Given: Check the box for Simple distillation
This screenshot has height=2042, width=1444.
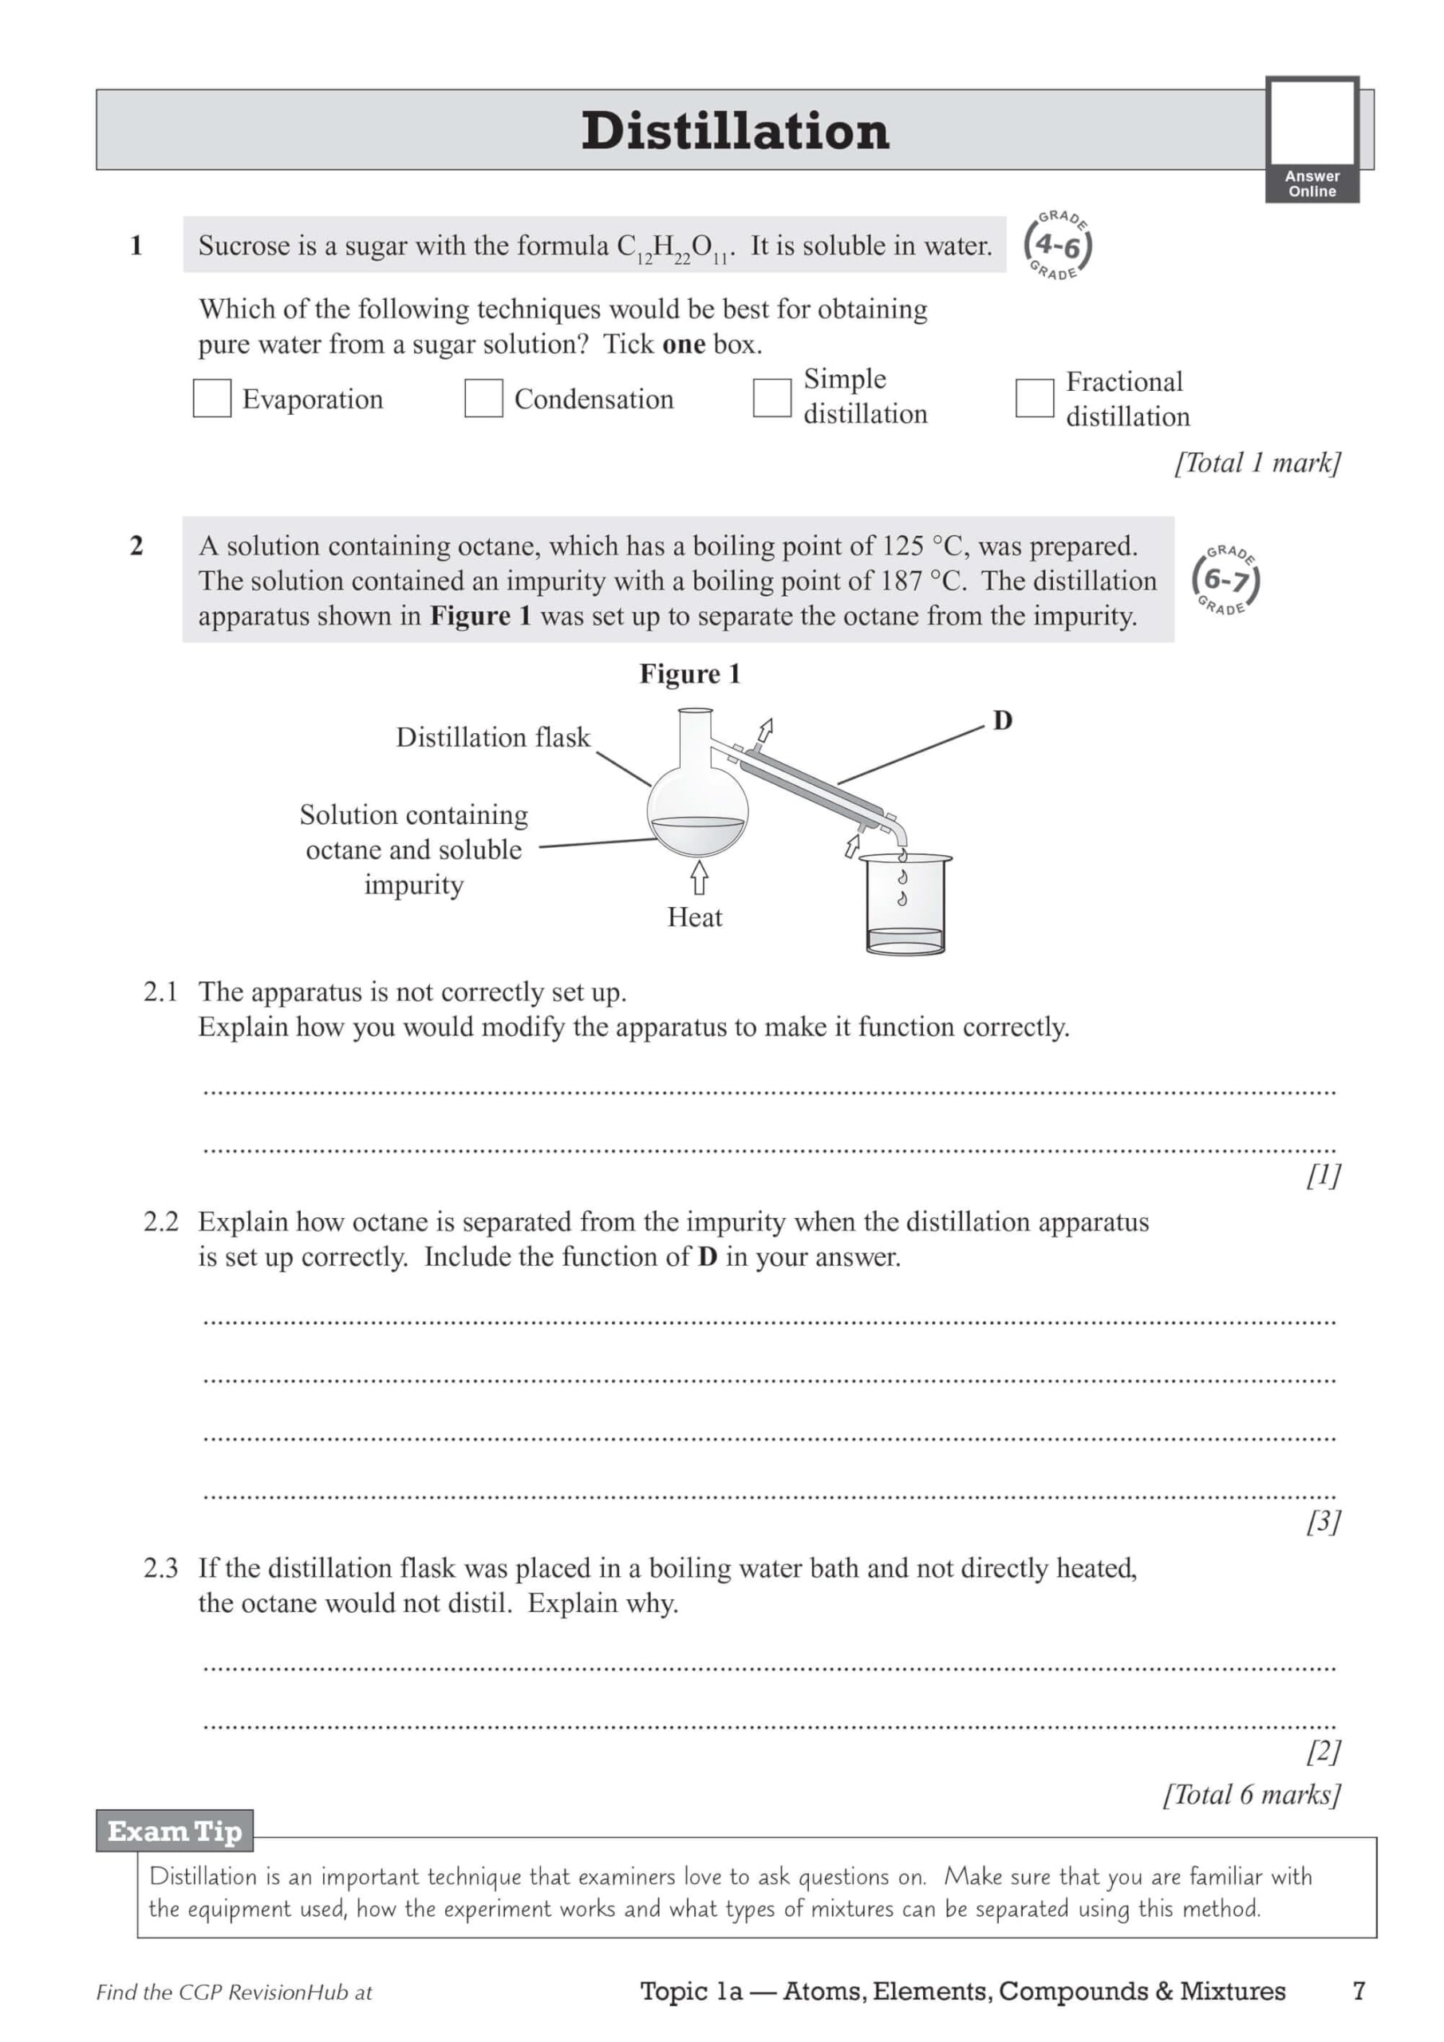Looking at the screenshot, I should tap(771, 396).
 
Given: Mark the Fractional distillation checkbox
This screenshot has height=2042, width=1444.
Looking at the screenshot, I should tap(1034, 397).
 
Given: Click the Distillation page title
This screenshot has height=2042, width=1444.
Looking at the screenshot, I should tap(735, 131).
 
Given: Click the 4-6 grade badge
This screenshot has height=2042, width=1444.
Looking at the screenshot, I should tap(1057, 246).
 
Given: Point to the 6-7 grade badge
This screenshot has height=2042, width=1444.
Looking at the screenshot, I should tap(1226, 580).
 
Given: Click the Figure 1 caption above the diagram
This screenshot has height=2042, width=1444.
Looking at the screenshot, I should tap(689, 674).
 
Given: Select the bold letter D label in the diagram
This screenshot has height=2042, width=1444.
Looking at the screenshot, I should tap(1003, 720).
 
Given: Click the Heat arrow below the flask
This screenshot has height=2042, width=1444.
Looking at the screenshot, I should tap(700, 877).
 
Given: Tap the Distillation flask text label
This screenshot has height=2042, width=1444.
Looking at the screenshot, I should tap(493, 737).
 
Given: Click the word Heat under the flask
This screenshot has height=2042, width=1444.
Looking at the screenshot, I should tap(695, 917).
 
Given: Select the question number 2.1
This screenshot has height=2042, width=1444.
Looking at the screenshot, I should tap(161, 991).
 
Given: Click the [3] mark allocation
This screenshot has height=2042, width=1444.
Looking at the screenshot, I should tap(1323, 1522).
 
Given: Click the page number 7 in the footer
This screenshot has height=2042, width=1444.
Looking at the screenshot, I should tap(1359, 1990).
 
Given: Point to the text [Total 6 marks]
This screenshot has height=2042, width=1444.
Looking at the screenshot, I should tap(1251, 1795).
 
